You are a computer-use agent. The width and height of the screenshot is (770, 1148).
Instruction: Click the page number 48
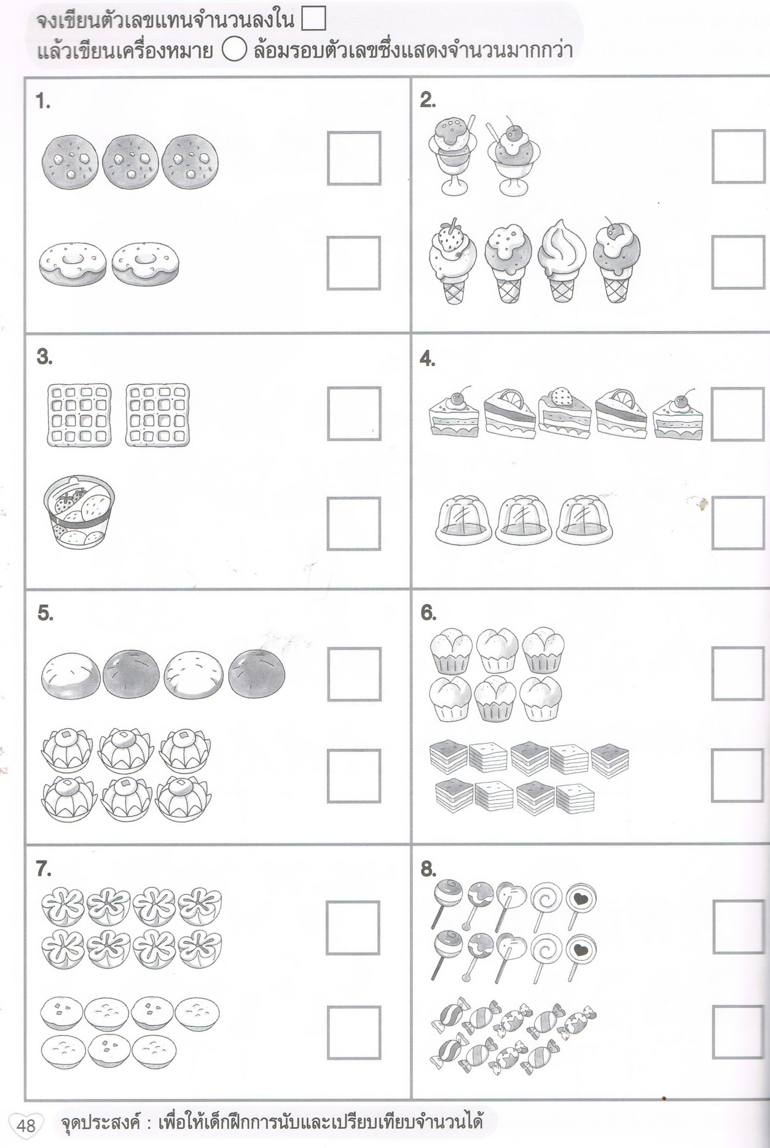click(x=26, y=1125)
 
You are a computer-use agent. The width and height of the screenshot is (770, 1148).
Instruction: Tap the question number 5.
click(x=45, y=613)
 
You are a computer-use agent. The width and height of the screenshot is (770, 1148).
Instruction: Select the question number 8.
click(x=428, y=869)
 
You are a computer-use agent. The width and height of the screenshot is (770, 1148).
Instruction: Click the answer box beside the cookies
click(x=354, y=158)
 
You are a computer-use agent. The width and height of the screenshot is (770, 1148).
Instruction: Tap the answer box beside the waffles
click(x=354, y=414)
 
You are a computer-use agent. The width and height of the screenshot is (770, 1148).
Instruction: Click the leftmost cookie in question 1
click(x=70, y=162)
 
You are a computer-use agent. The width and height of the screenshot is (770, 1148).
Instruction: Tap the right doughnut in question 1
click(x=145, y=264)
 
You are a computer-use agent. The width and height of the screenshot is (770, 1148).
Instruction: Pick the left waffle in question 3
click(x=79, y=415)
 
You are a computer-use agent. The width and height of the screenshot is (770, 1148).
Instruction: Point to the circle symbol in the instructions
click(x=234, y=51)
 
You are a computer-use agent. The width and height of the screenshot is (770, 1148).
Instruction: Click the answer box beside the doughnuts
click(x=354, y=263)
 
